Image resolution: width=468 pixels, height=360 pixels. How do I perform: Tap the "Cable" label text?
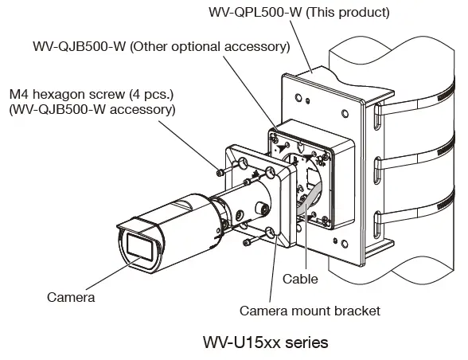point(300,279)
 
